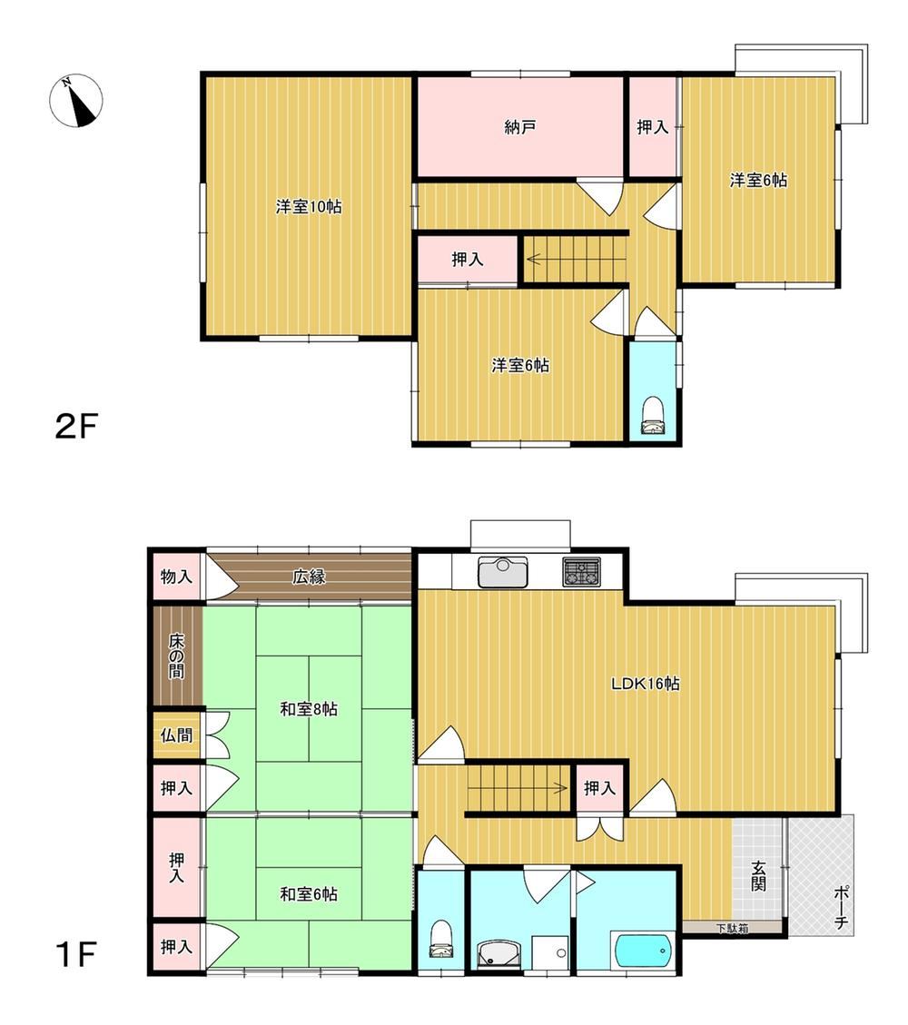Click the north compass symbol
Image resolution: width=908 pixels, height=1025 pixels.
tap(76, 100)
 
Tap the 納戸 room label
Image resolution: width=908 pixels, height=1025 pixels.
tap(520, 127)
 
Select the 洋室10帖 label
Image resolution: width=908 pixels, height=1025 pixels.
tap(309, 207)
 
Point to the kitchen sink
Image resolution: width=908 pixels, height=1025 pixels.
tap(502, 571)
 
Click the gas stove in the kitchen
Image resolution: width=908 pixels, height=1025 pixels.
tap(581, 571)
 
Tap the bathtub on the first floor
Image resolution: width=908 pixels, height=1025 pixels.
tap(643, 951)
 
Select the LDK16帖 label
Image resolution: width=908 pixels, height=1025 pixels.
tap(646, 684)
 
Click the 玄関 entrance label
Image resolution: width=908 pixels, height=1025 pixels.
tap(758, 876)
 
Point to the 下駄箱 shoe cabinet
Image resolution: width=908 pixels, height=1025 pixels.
tap(732, 927)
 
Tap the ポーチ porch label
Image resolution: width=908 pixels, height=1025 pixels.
tap(842, 907)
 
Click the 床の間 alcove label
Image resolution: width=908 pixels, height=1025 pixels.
tap(176, 655)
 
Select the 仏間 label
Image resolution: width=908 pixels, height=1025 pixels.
tap(176, 734)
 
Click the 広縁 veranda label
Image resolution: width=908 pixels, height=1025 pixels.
tap(309, 577)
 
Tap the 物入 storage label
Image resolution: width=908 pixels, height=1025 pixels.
tap(176, 577)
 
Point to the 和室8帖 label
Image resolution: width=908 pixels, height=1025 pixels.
tap(309, 709)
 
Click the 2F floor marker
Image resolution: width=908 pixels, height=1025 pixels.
tap(76, 427)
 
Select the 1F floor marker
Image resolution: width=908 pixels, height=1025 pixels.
tap(77, 954)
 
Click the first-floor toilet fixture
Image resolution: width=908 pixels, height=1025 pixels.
tap(441, 939)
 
